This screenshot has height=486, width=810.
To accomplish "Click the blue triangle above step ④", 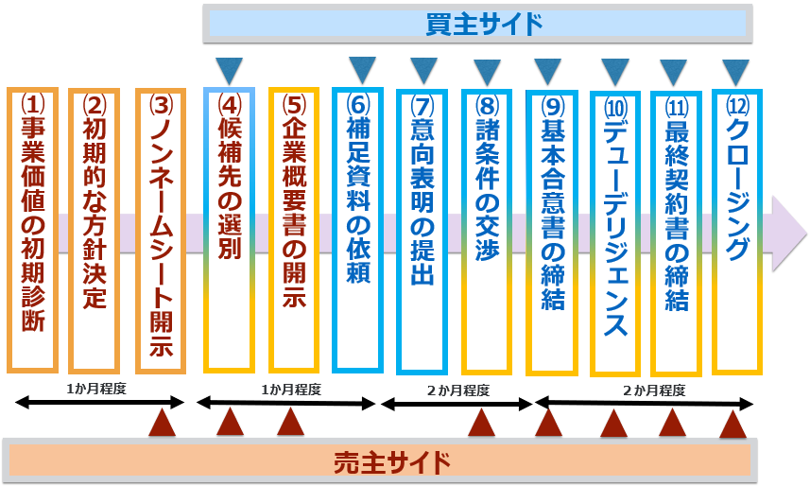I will [x=229, y=69].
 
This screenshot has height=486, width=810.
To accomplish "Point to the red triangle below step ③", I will [x=163, y=425].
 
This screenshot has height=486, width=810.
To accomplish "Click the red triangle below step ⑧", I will [x=482, y=425].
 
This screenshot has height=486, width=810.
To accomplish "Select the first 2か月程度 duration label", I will [x=457, y=391].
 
